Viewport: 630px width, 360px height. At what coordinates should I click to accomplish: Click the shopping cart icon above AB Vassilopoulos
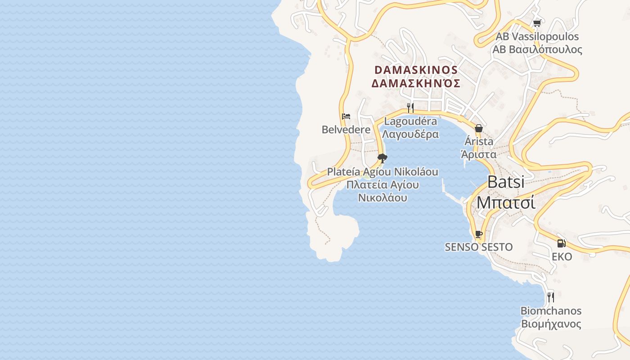[x=536, y=23]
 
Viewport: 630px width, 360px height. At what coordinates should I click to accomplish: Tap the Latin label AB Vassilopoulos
[x=537, y=36]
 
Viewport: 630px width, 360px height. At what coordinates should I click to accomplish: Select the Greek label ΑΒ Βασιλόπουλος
[x=537, y=49]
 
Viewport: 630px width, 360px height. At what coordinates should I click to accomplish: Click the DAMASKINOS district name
[x=416, y=70]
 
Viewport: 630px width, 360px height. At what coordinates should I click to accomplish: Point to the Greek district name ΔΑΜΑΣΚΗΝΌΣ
[x=416, y=83]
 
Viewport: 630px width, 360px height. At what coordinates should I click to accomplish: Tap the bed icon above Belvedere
[x=346, y=117]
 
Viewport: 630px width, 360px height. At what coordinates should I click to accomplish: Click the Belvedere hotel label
[x=346, y=130]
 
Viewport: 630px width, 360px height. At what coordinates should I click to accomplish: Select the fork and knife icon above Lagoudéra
[x=410, y=108]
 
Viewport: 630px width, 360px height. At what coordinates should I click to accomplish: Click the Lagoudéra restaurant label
[x=410, y=121]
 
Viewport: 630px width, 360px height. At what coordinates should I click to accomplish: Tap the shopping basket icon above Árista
[x=479, y=128]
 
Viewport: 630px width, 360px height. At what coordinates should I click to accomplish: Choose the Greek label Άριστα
[x=479, y=154]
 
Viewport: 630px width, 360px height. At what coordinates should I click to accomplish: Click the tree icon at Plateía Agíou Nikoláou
[x=382, y=158]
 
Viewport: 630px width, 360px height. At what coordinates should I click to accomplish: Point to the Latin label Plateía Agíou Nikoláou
[x=382, y=172]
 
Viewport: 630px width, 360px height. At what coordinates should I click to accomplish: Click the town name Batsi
[x=506, y=182]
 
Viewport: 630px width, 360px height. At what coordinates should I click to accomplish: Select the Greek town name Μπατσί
[x=506, y=202]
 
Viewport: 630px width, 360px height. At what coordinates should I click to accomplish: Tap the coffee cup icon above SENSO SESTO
[x=479, y=234]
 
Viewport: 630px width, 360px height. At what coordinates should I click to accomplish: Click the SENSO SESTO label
[x=479, y=247]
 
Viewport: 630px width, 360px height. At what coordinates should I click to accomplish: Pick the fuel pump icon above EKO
[x=562, y=243]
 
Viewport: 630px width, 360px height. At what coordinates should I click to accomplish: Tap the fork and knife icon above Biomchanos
[x=550, y=297]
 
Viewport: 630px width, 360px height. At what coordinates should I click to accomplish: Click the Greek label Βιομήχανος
[x=551, y=324]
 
